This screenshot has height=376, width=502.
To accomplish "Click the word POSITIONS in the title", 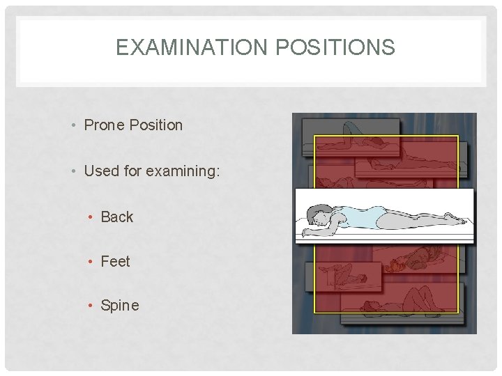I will (336, 47).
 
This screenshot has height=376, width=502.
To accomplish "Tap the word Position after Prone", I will (155, 125).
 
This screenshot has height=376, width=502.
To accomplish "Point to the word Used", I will (101, 171).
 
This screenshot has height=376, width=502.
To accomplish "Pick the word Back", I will (116, 217).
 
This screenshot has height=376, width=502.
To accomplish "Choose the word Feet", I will (115, 261).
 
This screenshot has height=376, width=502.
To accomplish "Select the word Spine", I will (119, 305).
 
